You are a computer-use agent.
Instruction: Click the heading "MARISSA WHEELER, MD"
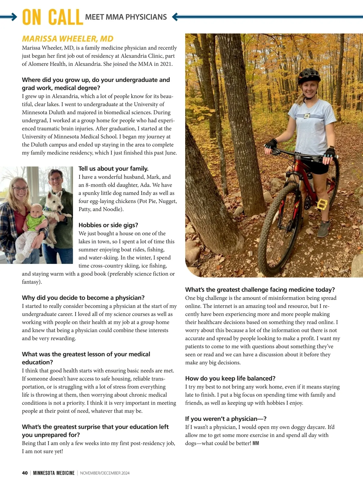[67, 39]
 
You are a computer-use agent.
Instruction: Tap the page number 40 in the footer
[25, 473]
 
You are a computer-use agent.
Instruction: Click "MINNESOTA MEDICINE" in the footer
[54, 473]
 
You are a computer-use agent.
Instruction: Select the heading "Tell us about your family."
[113, 169]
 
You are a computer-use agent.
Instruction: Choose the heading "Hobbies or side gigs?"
[108, 225]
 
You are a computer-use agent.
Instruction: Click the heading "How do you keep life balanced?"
[230, 378]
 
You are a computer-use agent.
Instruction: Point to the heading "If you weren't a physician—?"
[226, 419]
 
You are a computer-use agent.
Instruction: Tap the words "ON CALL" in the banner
[52, 17]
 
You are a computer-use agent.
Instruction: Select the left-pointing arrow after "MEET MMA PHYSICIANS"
[175, 17]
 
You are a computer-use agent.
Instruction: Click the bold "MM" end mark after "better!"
[256, 443]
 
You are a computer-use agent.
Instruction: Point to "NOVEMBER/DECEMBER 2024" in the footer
[105, 473]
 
